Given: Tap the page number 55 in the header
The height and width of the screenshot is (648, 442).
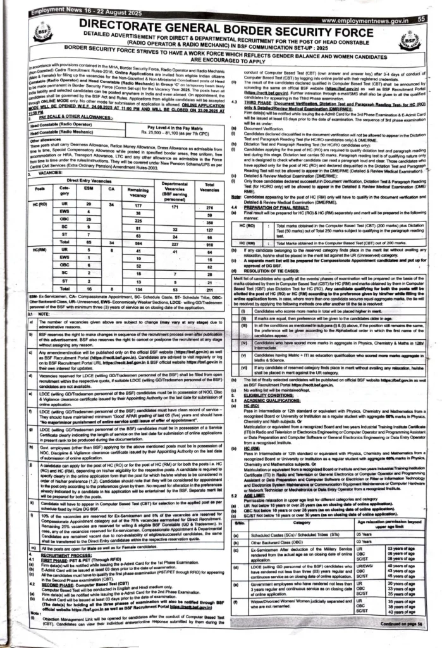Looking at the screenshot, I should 420,20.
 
